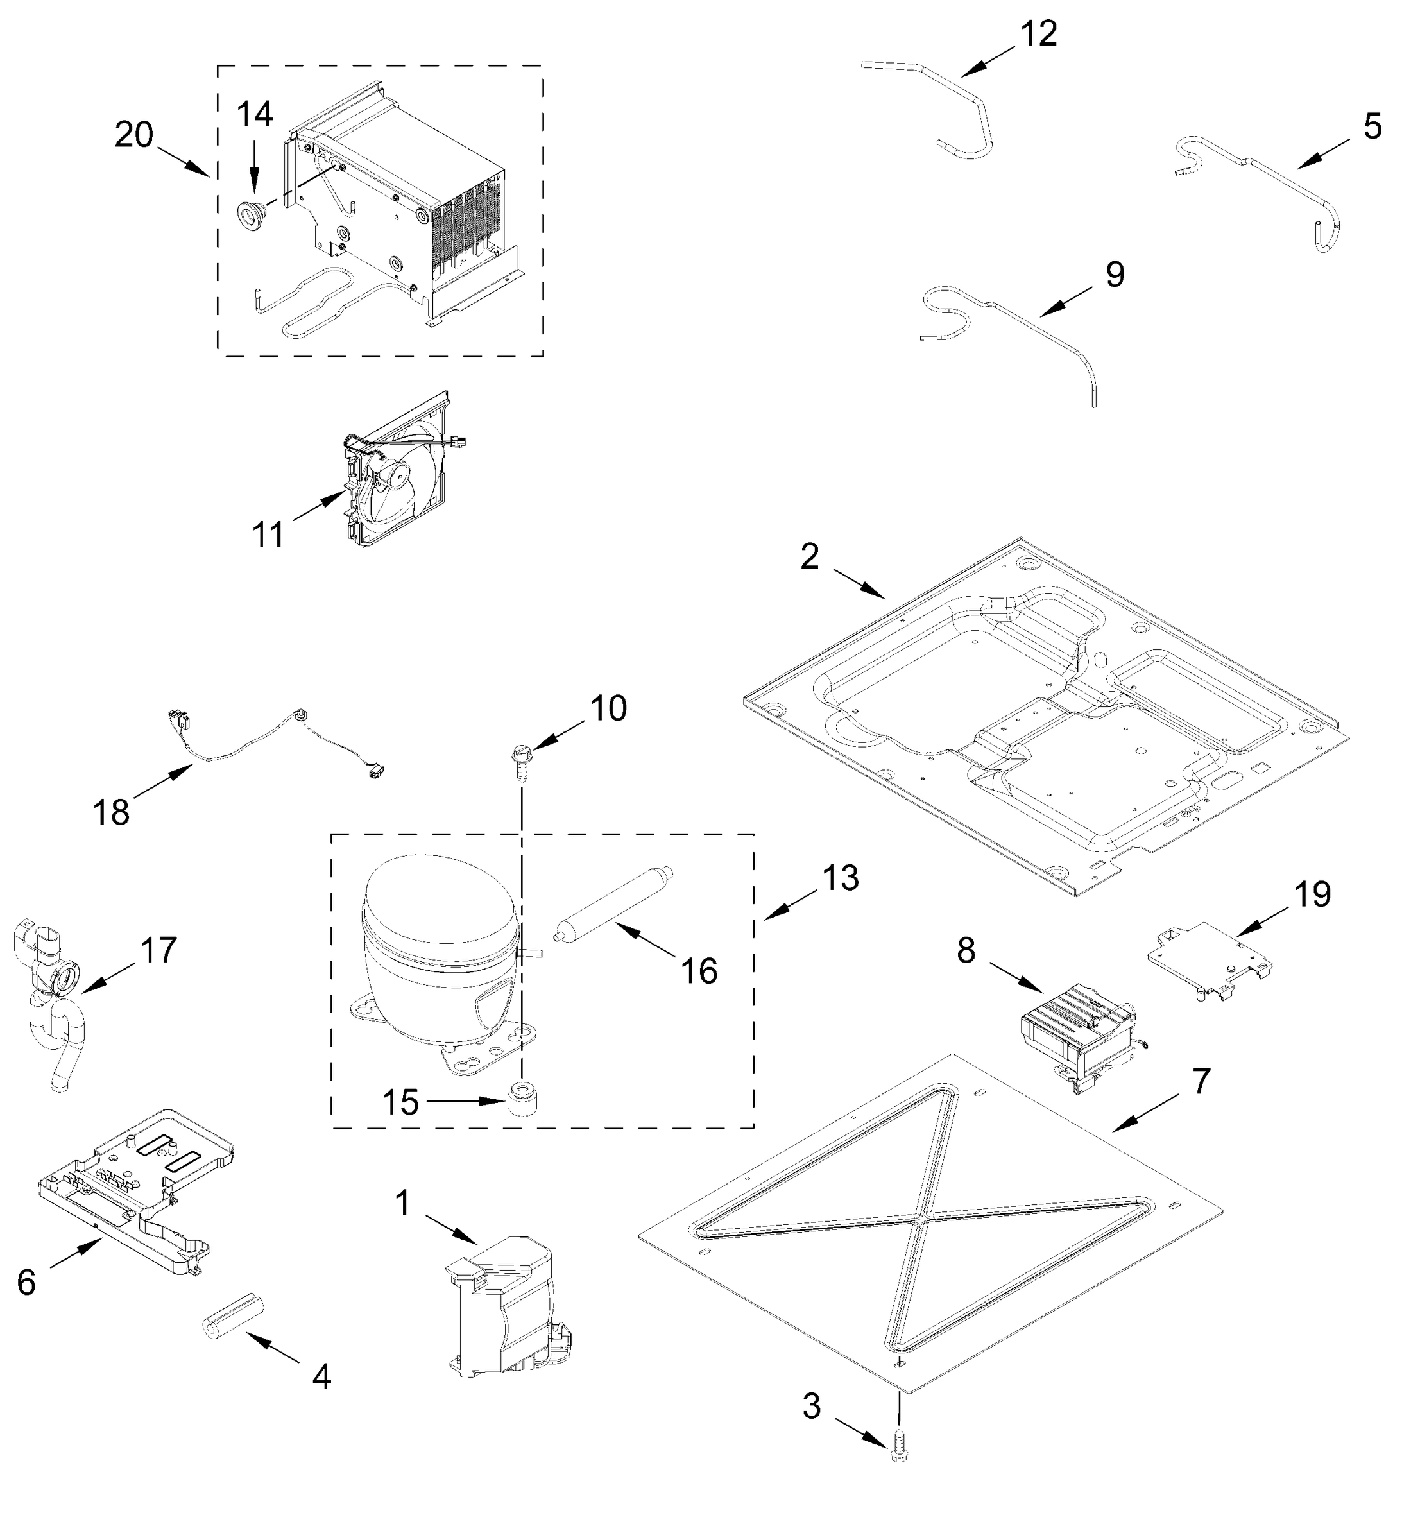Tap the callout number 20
coord(133,135)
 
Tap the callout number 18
coord(112,812)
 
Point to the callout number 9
coord(1115,274)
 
